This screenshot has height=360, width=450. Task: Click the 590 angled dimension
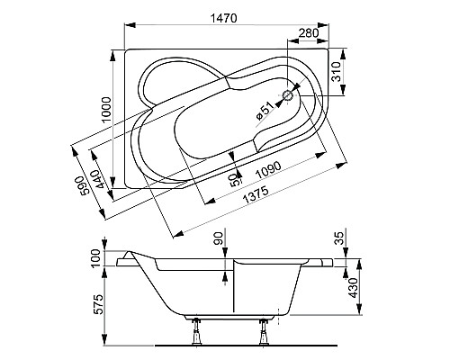click(x=84, y=184)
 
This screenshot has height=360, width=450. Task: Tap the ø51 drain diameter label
click(x=265, y=112)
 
